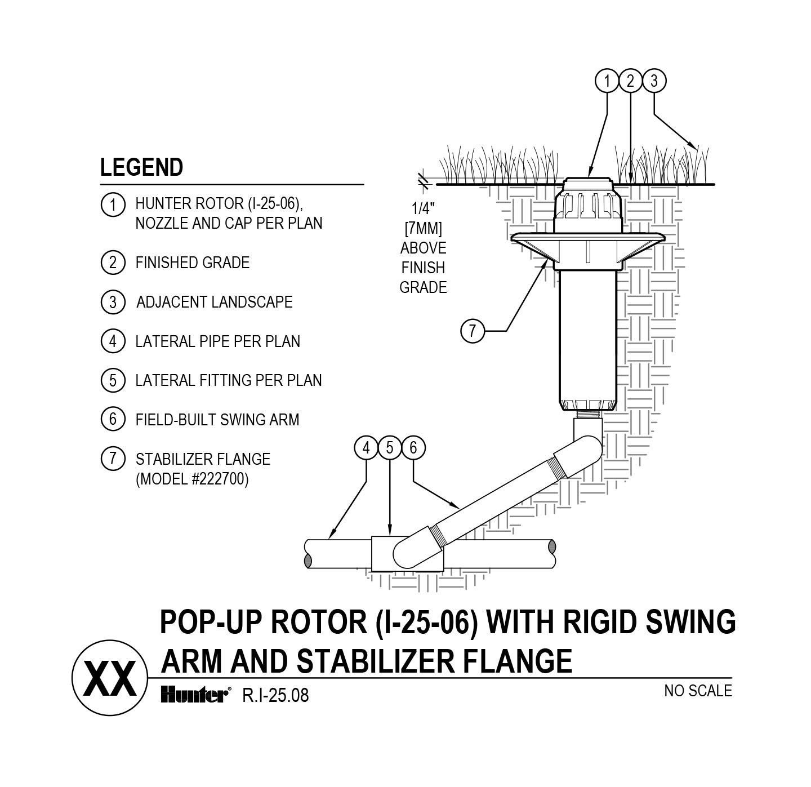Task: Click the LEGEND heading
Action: (141, 167)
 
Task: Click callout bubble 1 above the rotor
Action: (607, 81)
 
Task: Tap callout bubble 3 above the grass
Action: (654, 81)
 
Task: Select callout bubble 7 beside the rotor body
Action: (473, 330)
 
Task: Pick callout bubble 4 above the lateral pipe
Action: (366, 448)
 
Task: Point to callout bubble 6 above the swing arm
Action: (413, 448)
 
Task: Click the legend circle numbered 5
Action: (113, 380)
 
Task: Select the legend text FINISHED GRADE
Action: (192, 263)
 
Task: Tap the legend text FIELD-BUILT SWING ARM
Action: (217, 420)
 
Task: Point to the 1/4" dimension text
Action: (421, 209)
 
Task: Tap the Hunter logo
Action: (195, 696)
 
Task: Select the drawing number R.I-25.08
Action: (275, 696)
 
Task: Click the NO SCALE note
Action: (698, 691)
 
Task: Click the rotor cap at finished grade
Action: (588, 184)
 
